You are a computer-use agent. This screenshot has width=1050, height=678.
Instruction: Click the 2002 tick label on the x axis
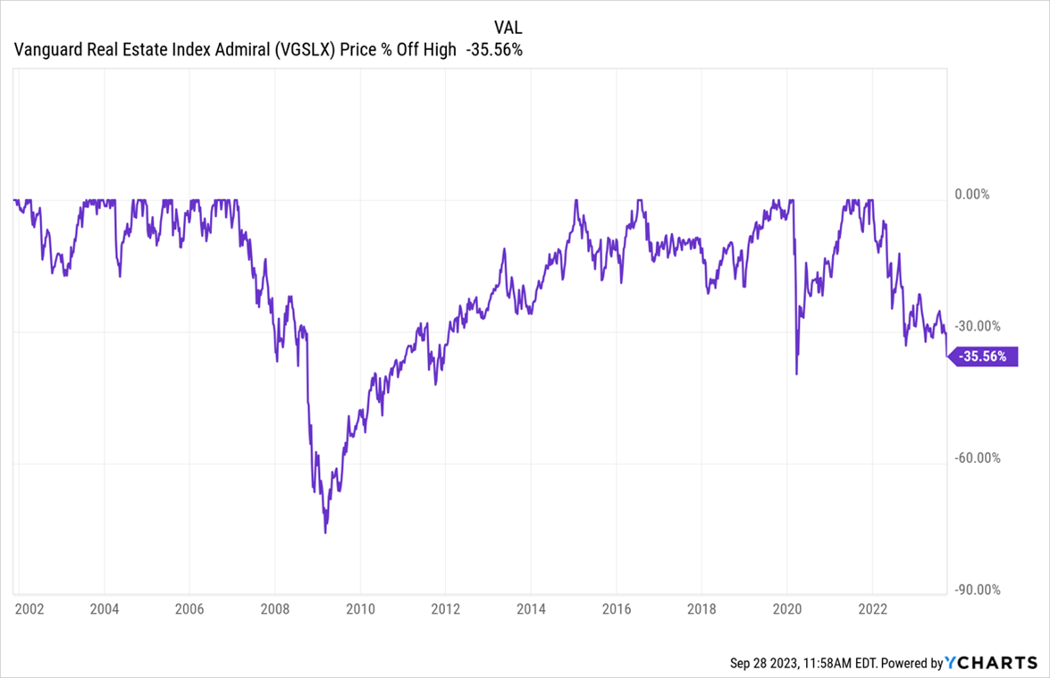[x=30, y=610]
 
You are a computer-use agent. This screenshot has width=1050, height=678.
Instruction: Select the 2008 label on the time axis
[x=274, y=610]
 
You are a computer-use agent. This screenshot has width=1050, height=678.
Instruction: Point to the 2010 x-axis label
[x=359, y=610]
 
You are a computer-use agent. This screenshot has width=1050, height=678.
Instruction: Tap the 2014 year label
[x=530, y=610]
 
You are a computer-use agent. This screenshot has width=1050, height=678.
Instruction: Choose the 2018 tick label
[x=701, y=610]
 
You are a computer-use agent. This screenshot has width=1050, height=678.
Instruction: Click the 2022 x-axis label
[x=871, y=610]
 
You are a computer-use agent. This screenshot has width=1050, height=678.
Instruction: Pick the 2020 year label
[x=786, y=610]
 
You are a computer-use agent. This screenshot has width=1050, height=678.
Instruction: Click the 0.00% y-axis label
[x=973, y=194]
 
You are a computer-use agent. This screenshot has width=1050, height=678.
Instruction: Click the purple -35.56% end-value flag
[x=983, y=356]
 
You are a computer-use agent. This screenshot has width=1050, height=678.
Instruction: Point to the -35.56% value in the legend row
[x=491, y=50]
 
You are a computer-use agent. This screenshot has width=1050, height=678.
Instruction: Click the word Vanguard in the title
[x=45, y=50]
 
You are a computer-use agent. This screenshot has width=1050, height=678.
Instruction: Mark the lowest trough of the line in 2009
[x=325, y=533]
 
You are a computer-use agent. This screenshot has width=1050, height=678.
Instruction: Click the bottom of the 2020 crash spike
[x=796, y=374]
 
